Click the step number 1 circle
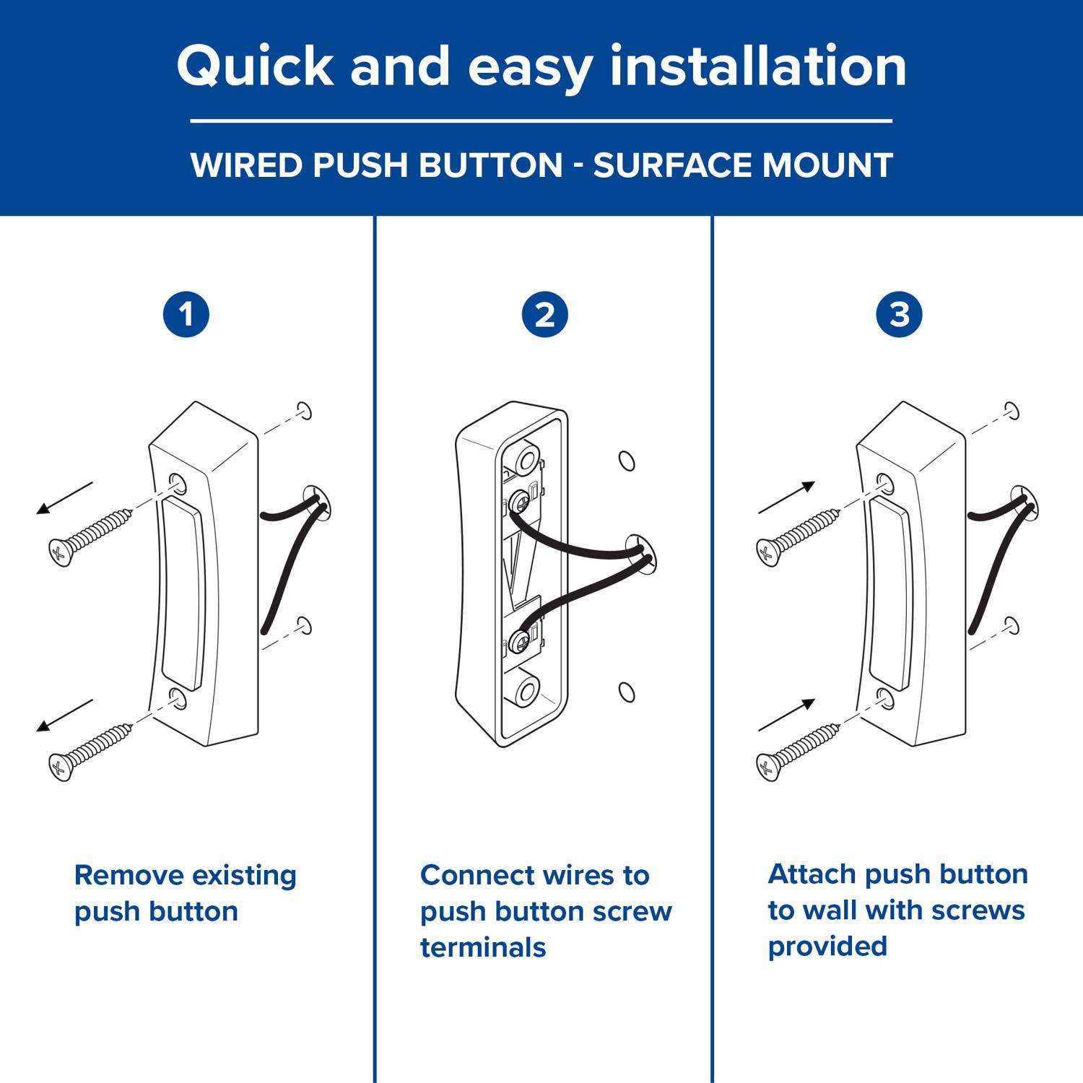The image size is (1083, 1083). point(186,315)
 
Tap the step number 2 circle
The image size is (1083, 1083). point(544,315)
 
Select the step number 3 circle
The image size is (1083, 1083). point(899,315)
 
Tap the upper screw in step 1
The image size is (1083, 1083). point(90,536)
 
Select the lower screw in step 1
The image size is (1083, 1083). point(90,752)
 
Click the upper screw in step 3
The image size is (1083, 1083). point(798,536)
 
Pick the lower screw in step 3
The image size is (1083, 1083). point(798,752)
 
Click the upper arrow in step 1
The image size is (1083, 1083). point(65,498)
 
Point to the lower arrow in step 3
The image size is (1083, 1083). point(787,715)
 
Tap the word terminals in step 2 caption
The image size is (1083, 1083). point(483,947)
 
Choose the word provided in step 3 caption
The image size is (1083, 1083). point(827,947)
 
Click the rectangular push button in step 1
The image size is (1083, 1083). point(183,588)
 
